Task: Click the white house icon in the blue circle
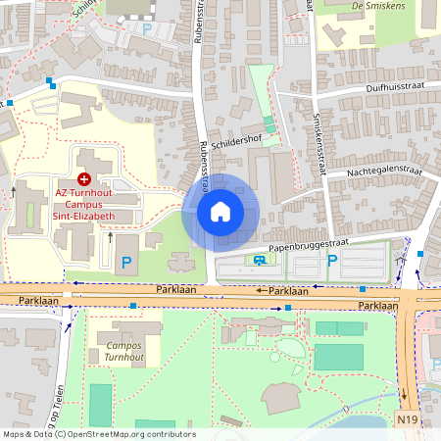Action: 220,212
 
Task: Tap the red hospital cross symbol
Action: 84,179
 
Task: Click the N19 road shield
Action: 409,419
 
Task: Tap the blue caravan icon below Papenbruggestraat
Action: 259,261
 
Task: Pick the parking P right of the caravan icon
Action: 332,261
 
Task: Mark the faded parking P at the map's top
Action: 147,28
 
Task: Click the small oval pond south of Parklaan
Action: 293,348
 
